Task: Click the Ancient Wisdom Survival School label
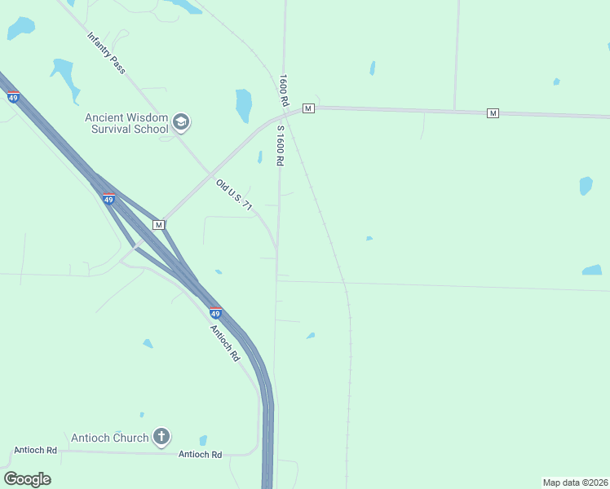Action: (x=126, y=122)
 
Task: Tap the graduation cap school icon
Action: (x=180, y=123)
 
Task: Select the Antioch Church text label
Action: (x=110, y=438)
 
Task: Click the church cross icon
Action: (x=161, y=438)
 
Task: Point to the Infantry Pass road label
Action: (x=107, y=54)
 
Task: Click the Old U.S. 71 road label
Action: (x=235, y=196)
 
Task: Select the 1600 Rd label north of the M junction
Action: (x=283, y=90)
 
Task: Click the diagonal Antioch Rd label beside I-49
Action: (x=225, y=343)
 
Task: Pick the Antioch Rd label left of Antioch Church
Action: (x=35, y=450)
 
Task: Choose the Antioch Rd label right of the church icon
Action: (x=200, y=454)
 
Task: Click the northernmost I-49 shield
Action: (x=13, y=98)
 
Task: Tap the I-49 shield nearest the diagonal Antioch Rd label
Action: (x=214, y=313)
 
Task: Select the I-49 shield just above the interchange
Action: (x=108, y=199)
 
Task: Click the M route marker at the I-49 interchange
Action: (x=159, y=224)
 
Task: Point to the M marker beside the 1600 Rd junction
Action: (x=307, y=108)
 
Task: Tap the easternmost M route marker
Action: (x=493, y=112)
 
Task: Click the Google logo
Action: (x=27, y=479)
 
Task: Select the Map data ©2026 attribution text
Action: (x=575, y=482)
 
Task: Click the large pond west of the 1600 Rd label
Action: (x=243, y=105)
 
